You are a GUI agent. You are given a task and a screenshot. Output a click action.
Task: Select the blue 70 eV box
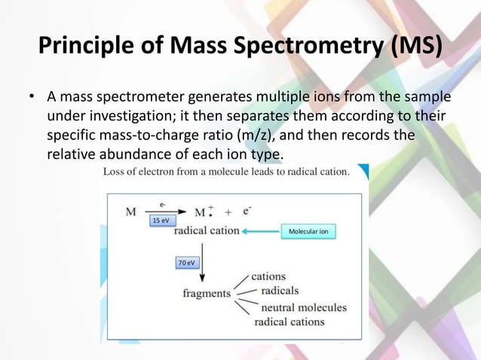point(186,262)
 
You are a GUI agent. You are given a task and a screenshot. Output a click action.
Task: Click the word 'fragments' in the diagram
point(206,293)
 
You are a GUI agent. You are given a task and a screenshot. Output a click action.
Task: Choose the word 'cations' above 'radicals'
point(268,276)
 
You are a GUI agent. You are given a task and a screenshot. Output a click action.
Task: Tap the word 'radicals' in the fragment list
point(279,291)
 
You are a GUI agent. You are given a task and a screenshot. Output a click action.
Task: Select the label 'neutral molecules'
point(303,307)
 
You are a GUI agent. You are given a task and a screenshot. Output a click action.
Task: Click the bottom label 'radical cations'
point(289,322)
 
